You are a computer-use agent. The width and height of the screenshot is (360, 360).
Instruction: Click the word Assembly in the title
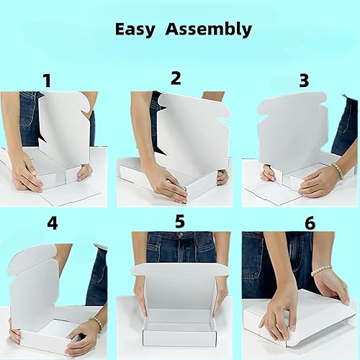(207, 30)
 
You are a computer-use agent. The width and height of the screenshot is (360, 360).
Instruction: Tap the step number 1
(48, 81)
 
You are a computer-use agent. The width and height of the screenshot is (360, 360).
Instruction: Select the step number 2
(176, 78)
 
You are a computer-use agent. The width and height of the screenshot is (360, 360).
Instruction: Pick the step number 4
(52, 223)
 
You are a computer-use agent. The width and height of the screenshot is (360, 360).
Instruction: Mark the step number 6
(310, 222)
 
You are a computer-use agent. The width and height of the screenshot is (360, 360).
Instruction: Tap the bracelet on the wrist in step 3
(336, 171)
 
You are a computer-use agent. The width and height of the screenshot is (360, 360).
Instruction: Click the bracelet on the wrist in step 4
(96, 323)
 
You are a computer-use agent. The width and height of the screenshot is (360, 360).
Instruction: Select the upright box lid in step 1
(63, 130)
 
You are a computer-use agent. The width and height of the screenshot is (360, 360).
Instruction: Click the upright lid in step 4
(34, 284)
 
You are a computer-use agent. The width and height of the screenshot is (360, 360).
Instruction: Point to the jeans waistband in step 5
(180, 237)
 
